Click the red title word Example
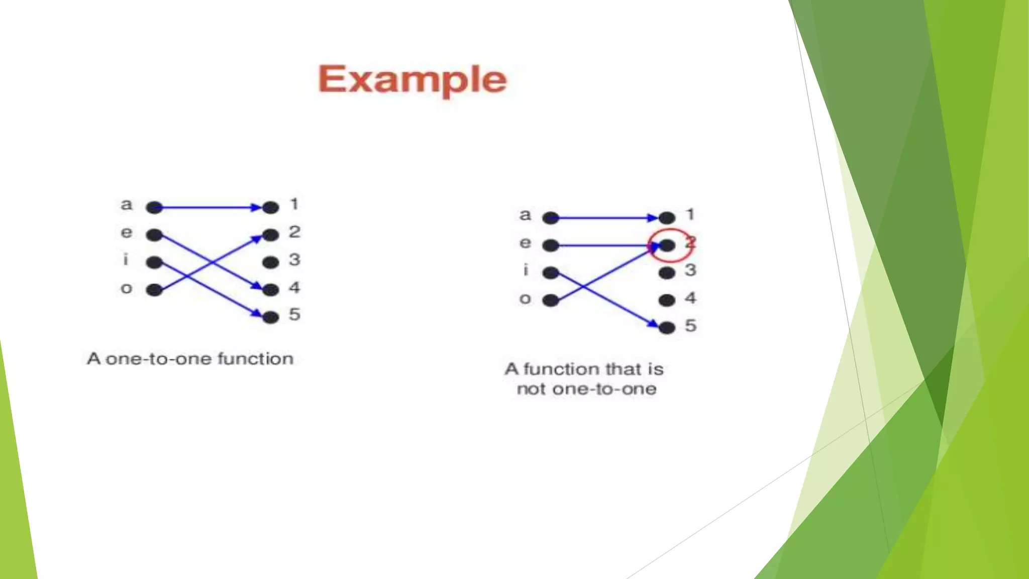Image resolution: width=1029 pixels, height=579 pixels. (413, 79)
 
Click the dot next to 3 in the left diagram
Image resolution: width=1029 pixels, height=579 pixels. (270, 262)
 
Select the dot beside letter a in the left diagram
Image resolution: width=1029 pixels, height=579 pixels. (154, 207)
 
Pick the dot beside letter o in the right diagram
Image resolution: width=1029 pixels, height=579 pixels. (551, 300)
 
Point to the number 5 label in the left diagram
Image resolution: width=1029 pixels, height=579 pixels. (294, 315)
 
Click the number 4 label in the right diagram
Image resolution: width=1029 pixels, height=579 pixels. (690, 298)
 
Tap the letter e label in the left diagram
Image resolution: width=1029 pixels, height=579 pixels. (127, 232)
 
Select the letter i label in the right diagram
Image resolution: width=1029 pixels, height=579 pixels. (526, 270)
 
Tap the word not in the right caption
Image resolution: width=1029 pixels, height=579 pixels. (532, 389)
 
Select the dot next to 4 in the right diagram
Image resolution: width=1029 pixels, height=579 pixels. (667, 300)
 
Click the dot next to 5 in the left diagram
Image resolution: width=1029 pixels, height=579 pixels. (270, 317)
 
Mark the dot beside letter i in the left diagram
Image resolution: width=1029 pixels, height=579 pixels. (154, 262)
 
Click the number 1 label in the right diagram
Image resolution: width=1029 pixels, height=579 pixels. (690, 215)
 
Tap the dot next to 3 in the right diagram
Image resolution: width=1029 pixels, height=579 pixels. (667, 273)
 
